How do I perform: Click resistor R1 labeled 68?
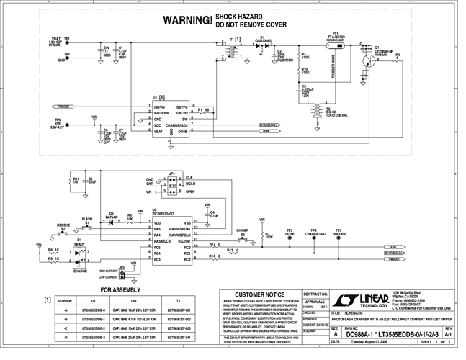point(205,112)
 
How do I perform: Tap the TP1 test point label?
point(67,37)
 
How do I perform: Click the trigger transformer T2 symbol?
point(315,110)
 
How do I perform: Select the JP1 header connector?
point(171,184)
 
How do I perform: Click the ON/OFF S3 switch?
point(243,235)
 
